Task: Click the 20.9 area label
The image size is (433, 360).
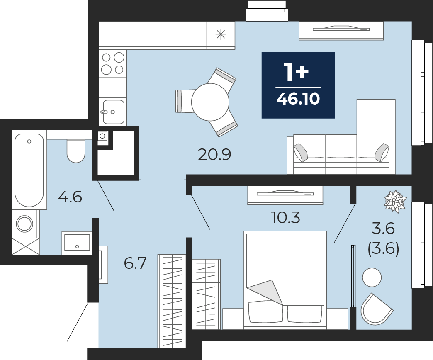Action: [214, 155]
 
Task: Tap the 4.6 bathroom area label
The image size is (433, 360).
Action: [70, 197]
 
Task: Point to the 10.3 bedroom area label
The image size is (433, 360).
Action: [285, 218]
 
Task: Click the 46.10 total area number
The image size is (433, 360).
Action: [298, 99]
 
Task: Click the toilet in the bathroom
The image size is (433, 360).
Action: [75, 151]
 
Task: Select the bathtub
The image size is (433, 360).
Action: [29, 170]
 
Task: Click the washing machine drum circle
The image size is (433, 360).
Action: [24, 224]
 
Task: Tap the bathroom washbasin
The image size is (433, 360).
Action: [77, 243]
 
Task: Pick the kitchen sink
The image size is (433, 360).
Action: [114, 112]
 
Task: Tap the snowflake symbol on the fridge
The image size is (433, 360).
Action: [221, 35]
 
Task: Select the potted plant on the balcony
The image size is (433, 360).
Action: [395, 202]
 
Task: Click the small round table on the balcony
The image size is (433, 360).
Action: [372, 277]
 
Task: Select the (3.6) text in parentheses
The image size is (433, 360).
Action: [383, 250]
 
